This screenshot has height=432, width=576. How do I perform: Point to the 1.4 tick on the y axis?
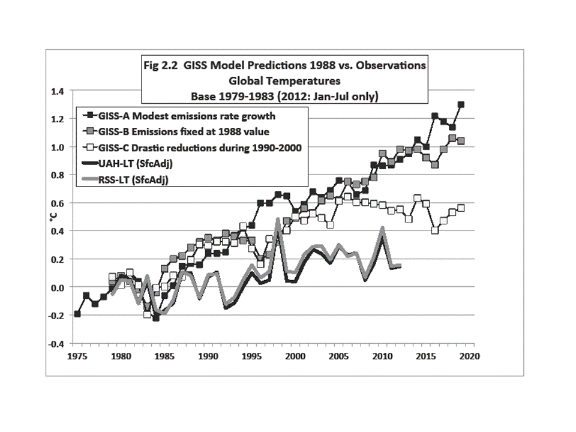tap(57, 91)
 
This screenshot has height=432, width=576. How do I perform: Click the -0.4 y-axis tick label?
tap(56, 344)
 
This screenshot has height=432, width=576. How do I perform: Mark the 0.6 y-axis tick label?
tap(57, 203)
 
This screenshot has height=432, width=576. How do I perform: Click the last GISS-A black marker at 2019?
tap(461, 104)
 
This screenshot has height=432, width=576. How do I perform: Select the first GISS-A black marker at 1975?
tap(77, 314)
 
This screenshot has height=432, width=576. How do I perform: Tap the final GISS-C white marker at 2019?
tap(461, 208)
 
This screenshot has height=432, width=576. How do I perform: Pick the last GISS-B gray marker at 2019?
tap(461, 142)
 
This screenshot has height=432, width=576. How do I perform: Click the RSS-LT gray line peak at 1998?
tap(278, 220)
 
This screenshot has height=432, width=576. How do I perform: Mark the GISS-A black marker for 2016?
tap(434, 116)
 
